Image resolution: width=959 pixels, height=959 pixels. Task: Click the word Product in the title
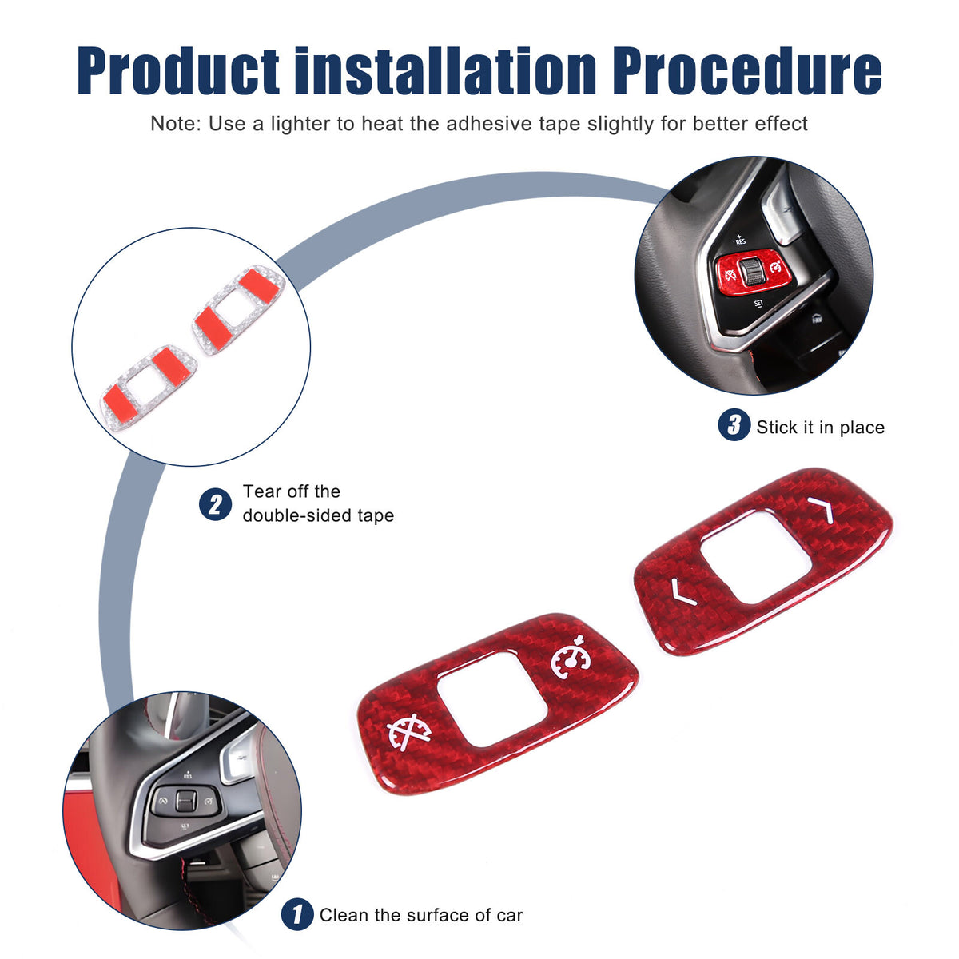pos(178,70)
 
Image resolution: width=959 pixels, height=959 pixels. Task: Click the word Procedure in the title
pos(747,70)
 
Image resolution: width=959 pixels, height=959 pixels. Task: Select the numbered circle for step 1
pos(297,914)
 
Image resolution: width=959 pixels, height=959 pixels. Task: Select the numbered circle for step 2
pos(216,504)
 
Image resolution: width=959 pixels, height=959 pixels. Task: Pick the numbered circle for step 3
pos(734,424)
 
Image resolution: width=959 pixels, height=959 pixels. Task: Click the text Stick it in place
pos(821,427)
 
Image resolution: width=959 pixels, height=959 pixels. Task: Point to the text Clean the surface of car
pos(421,915)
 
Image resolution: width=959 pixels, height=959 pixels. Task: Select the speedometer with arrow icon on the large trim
pos(571,657)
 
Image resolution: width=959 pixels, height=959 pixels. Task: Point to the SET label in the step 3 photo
pos(758,303)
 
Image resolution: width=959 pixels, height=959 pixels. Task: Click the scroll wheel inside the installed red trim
pos(750,272)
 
